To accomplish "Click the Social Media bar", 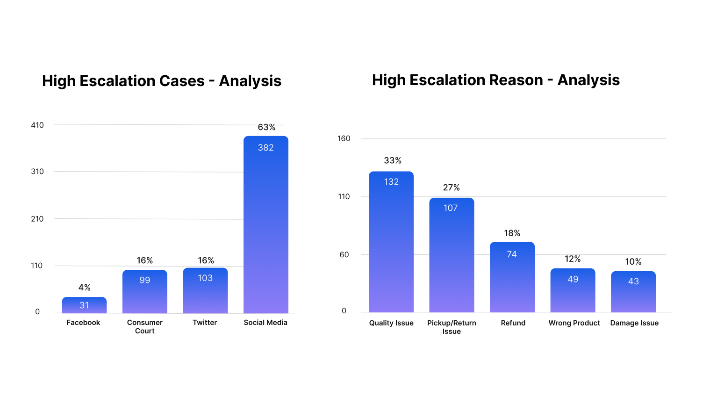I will pos(265,224).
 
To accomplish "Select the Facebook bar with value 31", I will pos(84,305).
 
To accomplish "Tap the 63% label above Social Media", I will pos(266,127).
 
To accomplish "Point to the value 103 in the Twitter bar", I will pos(205,278).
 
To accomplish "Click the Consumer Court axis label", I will pos(144,326).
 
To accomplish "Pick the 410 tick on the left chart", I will pos(37,125).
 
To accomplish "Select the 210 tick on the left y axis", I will pos(37,219).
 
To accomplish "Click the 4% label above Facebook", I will pos(85,288).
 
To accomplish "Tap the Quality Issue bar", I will pos(391,242).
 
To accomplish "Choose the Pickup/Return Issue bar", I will pos(452,255).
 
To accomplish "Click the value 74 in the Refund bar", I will pos(512,254).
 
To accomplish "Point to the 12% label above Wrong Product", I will pos(573,259).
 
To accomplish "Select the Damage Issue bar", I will pos(633,292).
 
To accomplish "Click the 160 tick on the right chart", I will pos(344,138).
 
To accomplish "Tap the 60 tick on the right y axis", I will pos(344,255).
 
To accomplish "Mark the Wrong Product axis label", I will pos(574,323).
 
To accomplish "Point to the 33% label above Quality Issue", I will pos(393,160).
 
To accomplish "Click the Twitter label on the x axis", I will pos(205,323).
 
